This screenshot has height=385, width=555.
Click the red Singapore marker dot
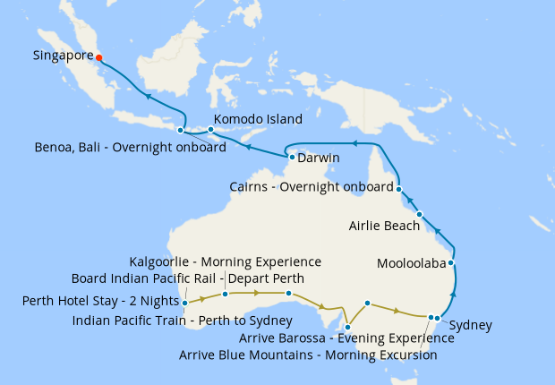tap(99, 57)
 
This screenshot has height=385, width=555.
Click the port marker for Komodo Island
tap(210, 130)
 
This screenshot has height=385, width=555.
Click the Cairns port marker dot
tap(399, 189)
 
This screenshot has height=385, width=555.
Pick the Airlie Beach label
tap(384, 227)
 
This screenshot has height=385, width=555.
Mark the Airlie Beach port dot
tap(419, 215)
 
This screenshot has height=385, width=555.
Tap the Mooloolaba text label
tap(411, 265)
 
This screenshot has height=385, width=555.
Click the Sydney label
tap(470, 325)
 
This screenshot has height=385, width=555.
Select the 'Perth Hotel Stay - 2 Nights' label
tap(99, 301)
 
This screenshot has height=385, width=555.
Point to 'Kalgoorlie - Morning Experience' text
tap(225, 262)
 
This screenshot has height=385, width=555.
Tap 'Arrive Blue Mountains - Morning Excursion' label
tap(308, 355)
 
